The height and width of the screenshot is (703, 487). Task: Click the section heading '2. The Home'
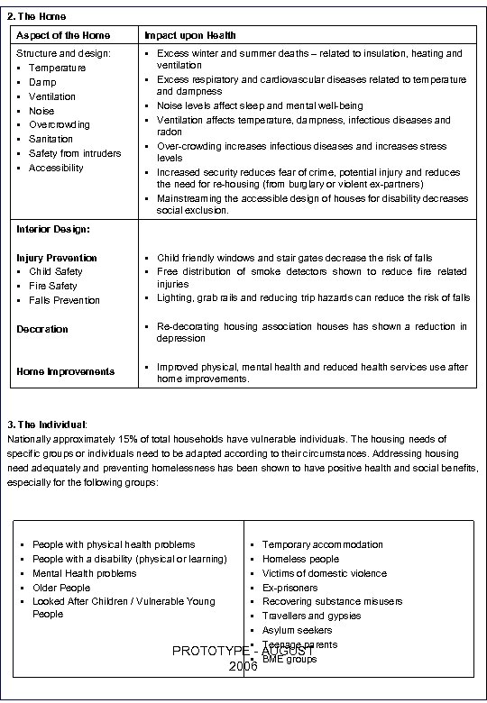click(x=36, y=16)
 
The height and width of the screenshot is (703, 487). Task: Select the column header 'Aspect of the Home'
click(x=63, y=35)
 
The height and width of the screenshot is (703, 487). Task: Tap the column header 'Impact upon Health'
click(x=190, y=35)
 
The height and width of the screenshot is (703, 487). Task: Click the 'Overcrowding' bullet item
click(x=60, y=125)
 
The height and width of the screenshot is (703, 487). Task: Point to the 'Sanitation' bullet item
click(x=51, y=140)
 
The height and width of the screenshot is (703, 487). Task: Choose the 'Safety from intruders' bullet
click(x=75, y=154)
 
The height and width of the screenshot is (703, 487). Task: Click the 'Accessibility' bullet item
click(x=56, y=169)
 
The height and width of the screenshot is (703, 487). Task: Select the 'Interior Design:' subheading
click(x=53, y=229)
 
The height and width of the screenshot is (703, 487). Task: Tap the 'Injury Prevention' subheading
click(x=57, y=258)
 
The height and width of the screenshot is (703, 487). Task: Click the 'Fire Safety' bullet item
click(x=53, y=287)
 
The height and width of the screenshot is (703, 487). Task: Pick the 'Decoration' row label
click(x=42, y=329)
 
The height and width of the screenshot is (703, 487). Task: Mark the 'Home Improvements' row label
click(x=66, y=371)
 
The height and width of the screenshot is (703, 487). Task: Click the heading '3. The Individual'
click(x=47, y=424)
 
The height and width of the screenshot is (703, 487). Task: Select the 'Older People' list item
click(x=61, y=588)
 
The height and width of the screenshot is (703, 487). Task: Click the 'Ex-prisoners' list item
click(x=289, y=588)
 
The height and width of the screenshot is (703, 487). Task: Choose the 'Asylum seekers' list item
click(x=297, y=631)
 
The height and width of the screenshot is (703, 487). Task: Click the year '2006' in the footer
click(x=243, y=666)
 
